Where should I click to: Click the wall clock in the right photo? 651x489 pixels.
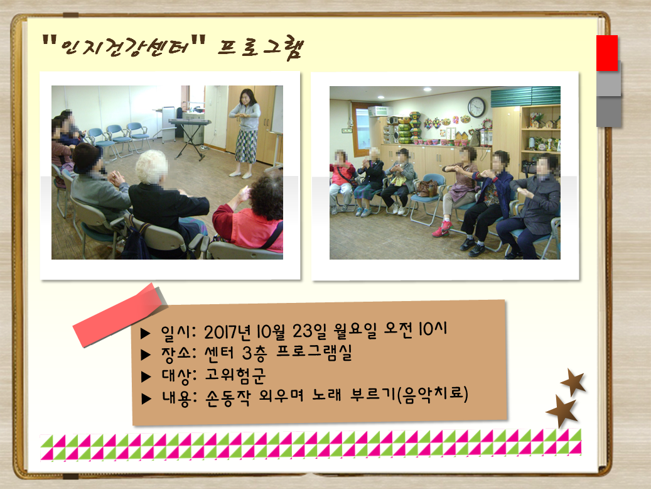click(476, 107)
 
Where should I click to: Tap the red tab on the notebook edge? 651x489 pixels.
click(607, 53)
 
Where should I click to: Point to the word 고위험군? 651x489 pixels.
click(235, 375)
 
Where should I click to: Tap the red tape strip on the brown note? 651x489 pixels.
click(121, 315)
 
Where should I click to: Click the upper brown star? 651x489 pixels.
click(573, 382)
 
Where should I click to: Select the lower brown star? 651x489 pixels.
click(562, 411)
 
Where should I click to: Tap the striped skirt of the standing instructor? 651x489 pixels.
click(247, 146)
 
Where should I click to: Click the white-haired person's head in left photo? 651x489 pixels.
click(152, 167)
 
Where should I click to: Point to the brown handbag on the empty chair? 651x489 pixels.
click(428, 188)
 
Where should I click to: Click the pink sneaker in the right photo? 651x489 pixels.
click(441, 229)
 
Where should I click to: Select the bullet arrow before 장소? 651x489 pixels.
click(146, 354)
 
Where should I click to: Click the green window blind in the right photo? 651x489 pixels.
click(525, 96)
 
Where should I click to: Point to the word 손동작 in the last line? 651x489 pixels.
click(228, 397)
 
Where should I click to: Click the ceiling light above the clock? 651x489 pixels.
click(428, 89)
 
